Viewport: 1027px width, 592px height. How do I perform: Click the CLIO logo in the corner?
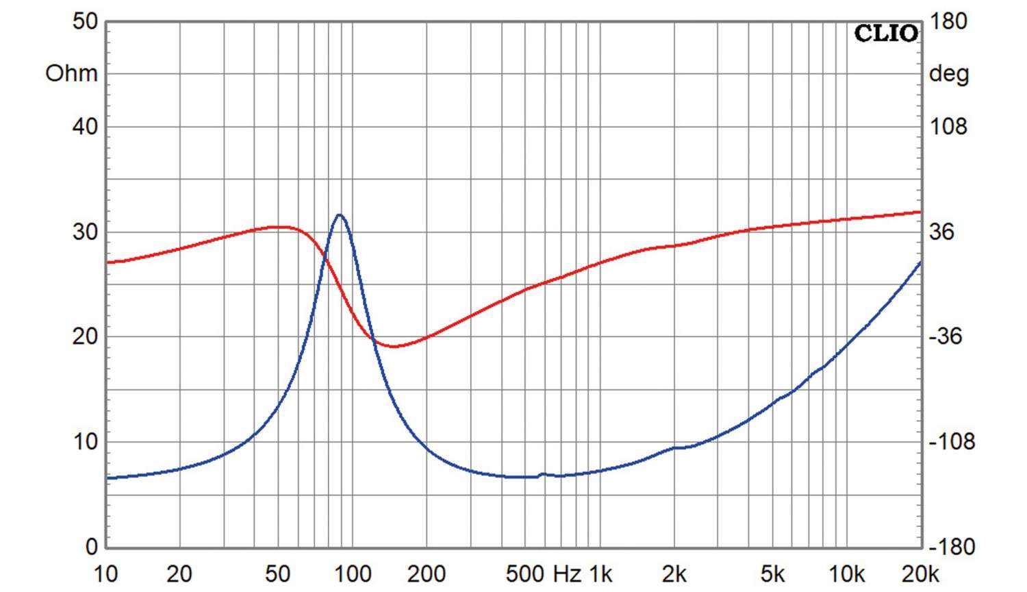pyautogui.click(x=886, y=33)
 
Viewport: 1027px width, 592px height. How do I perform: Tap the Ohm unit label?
pyautogui.click(x=71, y=73)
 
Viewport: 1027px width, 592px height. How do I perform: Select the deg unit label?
pyautogui.click(x=948, y=73)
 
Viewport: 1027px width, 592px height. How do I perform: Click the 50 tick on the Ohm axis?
pyautogui.click(x=85, y=21)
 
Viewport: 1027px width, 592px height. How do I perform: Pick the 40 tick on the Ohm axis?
pyautogui.click(x=85, y=126)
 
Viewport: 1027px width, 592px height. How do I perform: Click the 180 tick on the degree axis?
pyautogui.click(x=948, y=21)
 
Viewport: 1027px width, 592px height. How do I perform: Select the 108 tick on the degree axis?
pyautogui.click(x=948, y=126)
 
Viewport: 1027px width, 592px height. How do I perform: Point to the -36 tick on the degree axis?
pyautogui.click(x=946, y=336)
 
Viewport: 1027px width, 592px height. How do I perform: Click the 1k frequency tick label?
pyautogui.click(x=600, y=573)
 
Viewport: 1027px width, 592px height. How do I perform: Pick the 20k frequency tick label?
pyautogui.click(x=920, y=573)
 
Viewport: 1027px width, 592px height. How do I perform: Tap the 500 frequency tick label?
pyautogui.click(x=524, y=573)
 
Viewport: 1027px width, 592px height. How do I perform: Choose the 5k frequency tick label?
pyautogui.click(x=772, y=573)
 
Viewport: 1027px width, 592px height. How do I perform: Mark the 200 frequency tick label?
pyautogui.click(x=426, y=573)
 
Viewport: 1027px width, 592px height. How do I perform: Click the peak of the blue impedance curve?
pyautogui.click(x=339, y=214)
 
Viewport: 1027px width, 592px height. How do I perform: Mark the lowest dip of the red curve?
pyautogui.click(x=394, y=346)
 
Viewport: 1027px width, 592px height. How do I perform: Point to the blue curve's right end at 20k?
pyautogui.click(x=920, y=262)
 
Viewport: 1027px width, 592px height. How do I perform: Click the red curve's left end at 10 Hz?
pyautogui.click(x=108, y=262)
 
